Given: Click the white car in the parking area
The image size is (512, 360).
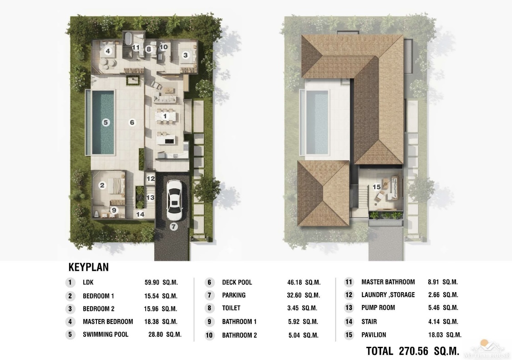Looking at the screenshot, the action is click(x=174, y=200).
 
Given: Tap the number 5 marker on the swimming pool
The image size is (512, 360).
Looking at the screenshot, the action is click(x=106, y=122).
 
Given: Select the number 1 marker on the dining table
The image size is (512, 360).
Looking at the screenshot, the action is click(x=165, y=117).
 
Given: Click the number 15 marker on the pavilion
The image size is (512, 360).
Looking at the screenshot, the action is click(x=377, y=187).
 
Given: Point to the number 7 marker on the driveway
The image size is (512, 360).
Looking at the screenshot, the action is click(x=173, y=226).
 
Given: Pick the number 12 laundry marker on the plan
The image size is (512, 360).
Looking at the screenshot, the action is click(x=151, y=179).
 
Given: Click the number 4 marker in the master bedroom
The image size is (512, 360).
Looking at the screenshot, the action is click(x=108, y=51).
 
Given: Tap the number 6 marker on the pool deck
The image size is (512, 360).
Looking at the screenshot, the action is click(x=132, y=122).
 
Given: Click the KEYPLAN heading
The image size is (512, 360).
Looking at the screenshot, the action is click(x=88, y=267).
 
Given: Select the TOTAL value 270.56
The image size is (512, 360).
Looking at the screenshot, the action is click(x=413, y=351).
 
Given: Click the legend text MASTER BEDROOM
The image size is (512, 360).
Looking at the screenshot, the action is click(x=108, y=322).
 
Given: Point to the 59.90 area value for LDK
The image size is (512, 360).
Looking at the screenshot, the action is click(x=152, y=283).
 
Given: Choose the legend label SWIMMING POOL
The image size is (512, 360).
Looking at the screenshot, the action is click(x=106, y=335).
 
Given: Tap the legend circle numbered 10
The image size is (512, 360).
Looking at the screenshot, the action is click(x=209, y=335).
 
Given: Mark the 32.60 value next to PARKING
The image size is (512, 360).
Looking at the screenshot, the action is click(x=294, y=295).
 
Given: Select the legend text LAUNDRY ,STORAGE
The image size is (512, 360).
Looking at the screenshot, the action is click(x=388, y=295).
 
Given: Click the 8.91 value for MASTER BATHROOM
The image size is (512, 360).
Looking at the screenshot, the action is click(x=433, y=282).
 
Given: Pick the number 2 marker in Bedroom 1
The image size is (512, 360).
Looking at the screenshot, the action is click(x=102, y=185).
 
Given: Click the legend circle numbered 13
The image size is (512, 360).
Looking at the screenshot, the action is click(x=349, y=308).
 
